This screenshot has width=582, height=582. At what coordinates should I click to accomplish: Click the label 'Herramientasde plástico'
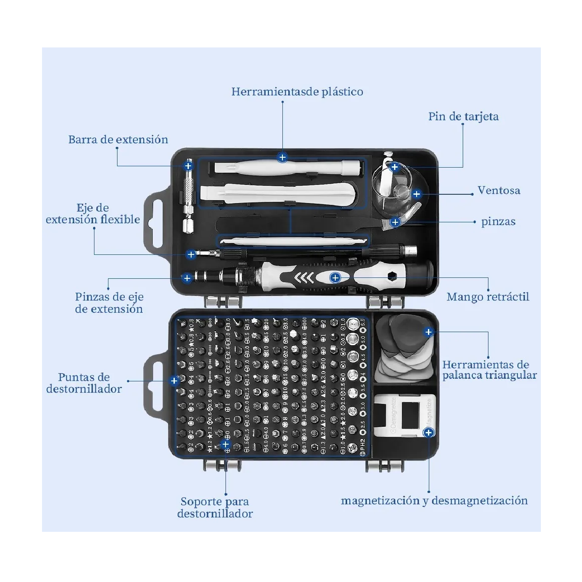pos(297,92)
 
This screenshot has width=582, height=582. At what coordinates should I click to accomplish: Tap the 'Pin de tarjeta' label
pos(463,117)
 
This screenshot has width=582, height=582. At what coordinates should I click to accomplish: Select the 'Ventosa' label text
pos(498,191)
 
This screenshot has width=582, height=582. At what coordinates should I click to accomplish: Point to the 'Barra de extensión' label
pos(118,140)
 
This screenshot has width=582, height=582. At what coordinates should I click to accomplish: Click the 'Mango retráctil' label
pos(488,297)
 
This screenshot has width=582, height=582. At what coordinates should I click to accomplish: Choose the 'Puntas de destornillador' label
pos(84,383)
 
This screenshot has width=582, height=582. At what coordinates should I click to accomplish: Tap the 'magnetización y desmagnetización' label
pos(434,501)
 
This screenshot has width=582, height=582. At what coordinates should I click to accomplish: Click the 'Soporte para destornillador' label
pos(215,507)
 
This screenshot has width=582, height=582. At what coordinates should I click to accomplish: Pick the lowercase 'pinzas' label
pos(498,222)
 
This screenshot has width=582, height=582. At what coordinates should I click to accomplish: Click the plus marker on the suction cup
pos(417,194)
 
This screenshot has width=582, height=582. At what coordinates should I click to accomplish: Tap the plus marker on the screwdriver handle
pos(335,278)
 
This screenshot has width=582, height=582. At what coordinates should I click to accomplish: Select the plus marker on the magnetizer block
pos(428,433)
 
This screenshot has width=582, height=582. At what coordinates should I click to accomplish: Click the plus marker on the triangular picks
pos(428,333)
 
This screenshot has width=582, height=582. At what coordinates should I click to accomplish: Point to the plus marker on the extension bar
pos(188,166)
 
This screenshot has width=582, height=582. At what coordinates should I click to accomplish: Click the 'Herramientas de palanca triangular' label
pos(489,370)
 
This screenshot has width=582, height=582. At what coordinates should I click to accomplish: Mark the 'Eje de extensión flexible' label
pos(93,214)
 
